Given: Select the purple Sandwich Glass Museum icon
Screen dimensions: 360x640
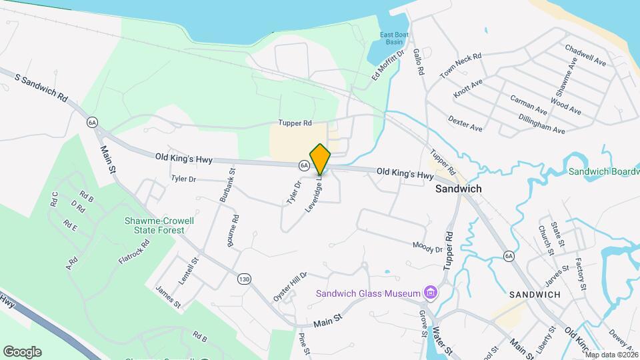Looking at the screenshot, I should click(431, 293).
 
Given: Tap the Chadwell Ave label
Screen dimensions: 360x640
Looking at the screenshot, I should click(585, 55).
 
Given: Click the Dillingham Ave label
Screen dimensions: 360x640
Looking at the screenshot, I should click(541, 124).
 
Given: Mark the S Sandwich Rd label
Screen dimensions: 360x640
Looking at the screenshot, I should click(41, 88).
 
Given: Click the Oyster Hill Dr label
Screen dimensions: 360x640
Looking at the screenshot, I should click(290, 285).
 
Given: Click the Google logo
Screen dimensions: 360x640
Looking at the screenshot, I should click(22, 352).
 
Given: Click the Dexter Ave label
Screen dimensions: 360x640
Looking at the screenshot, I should click(465, 123).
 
